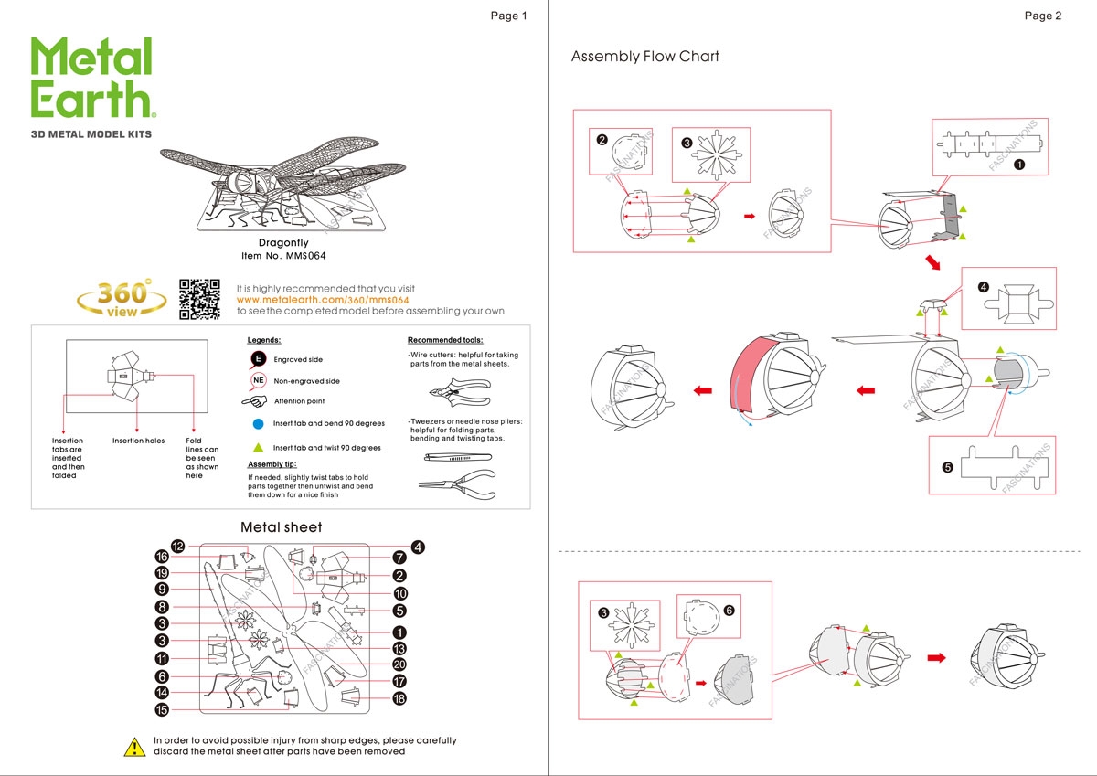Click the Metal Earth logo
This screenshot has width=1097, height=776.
tap(92, 78)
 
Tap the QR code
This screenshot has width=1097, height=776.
tap(200, 298)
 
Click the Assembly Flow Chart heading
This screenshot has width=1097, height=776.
tap(644, 57)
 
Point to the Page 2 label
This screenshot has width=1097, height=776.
tap(1043, 16)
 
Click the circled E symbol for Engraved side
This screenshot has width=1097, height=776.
tap(259, 359)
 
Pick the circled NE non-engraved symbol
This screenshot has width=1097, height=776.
tap(259, 380)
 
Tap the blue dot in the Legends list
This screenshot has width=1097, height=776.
tap(258, 424)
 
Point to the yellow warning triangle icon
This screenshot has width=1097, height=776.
tap(134, 747)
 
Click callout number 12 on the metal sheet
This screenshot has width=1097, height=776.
tap(178, 547)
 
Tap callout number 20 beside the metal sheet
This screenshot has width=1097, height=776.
tap(399, 664)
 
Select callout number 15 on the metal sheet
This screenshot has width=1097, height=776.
tap(162, 709)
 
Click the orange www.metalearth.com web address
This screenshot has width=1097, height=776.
tap(322, 300)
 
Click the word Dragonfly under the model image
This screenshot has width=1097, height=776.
tap(283, 242)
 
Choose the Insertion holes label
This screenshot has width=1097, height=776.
tap(139, 441)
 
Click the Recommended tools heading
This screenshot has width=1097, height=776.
tap(445, 340)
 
